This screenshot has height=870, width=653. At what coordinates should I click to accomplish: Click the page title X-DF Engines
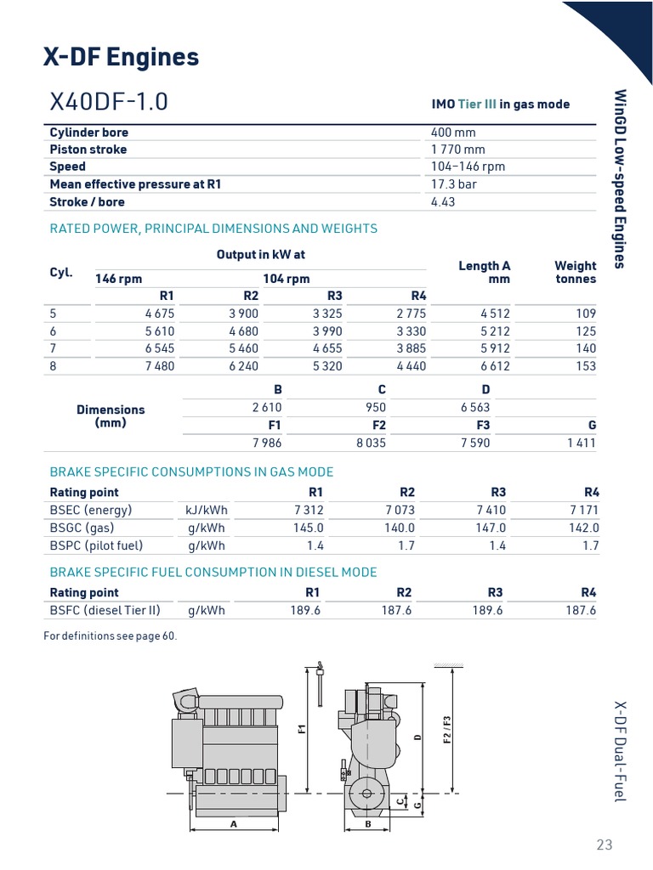pos(121,57)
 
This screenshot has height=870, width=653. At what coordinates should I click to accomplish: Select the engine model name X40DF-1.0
pos(109,102)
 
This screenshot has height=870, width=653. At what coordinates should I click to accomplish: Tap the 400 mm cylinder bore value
pos(453,133)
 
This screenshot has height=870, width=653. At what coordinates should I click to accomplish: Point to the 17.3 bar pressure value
pos(455,184)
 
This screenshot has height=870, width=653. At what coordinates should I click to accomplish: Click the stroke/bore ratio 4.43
pos(444,201)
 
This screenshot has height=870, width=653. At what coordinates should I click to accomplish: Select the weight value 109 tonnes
pos(585,313)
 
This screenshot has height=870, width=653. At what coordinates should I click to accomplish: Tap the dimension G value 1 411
pos(582,443)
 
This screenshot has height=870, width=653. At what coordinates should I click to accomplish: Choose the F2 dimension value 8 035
pos(371,443)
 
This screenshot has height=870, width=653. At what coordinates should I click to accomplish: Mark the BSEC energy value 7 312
pos(308,511)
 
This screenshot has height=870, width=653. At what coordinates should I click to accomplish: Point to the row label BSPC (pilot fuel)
pos(96,545)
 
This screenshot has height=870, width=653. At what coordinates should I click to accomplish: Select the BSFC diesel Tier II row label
pos(105,610)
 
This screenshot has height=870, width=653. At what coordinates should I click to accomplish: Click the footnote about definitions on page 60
pos(111,636)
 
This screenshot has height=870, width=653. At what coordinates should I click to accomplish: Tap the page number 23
pos(604,845)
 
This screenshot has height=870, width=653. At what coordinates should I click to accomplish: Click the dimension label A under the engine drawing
pos(231,824)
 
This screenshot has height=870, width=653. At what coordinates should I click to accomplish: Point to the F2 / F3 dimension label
pos(447,731)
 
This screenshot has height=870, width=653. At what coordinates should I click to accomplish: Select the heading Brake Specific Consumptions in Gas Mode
pos(191,472)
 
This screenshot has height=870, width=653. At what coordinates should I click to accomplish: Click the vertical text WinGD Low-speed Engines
pos(620,178)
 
